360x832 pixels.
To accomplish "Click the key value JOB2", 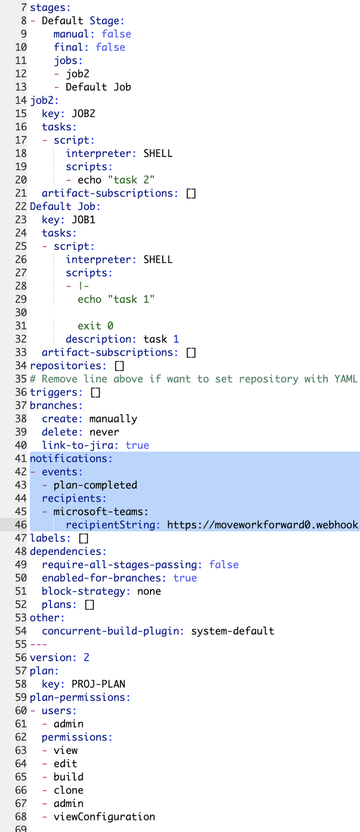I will tap(83, 114).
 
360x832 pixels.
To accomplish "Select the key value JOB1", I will tap(83, 220).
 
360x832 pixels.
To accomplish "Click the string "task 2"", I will tap(131, 180).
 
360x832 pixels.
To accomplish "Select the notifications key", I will tap(71, 458).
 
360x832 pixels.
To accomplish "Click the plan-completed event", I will tap(95, 485).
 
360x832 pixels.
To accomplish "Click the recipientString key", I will tap(113, 525).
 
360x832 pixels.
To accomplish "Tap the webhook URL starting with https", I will tap(262, 525).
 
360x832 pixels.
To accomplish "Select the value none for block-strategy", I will tap(149, 591).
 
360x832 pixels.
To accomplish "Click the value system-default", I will tap(232, 631).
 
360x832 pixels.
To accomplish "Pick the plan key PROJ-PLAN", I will tap(98, 684).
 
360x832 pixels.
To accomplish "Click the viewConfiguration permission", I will tap(104, 817).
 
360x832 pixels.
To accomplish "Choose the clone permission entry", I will tap(68, 790).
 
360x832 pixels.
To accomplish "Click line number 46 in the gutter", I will tap(21, 525).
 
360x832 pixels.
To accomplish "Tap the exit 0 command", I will tap(95, 326).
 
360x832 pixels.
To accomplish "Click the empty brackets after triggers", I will tap(96, 392).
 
